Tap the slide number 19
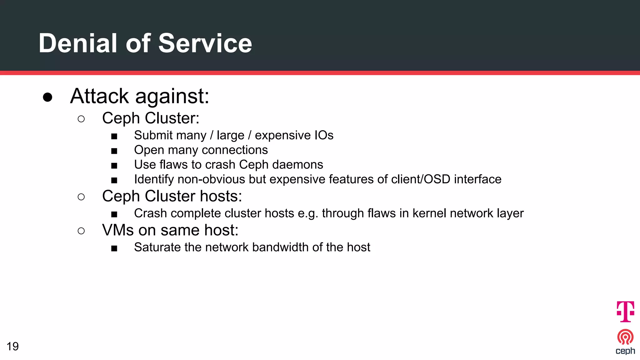pos(13,346)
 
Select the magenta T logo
pos(625,311)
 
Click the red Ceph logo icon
pos(625,337)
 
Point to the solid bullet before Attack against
pos(47,97)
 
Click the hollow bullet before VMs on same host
pos(81,231)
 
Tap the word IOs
pos(324,135)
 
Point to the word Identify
pos(154,179)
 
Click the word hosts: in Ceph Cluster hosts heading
pos(221,196)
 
